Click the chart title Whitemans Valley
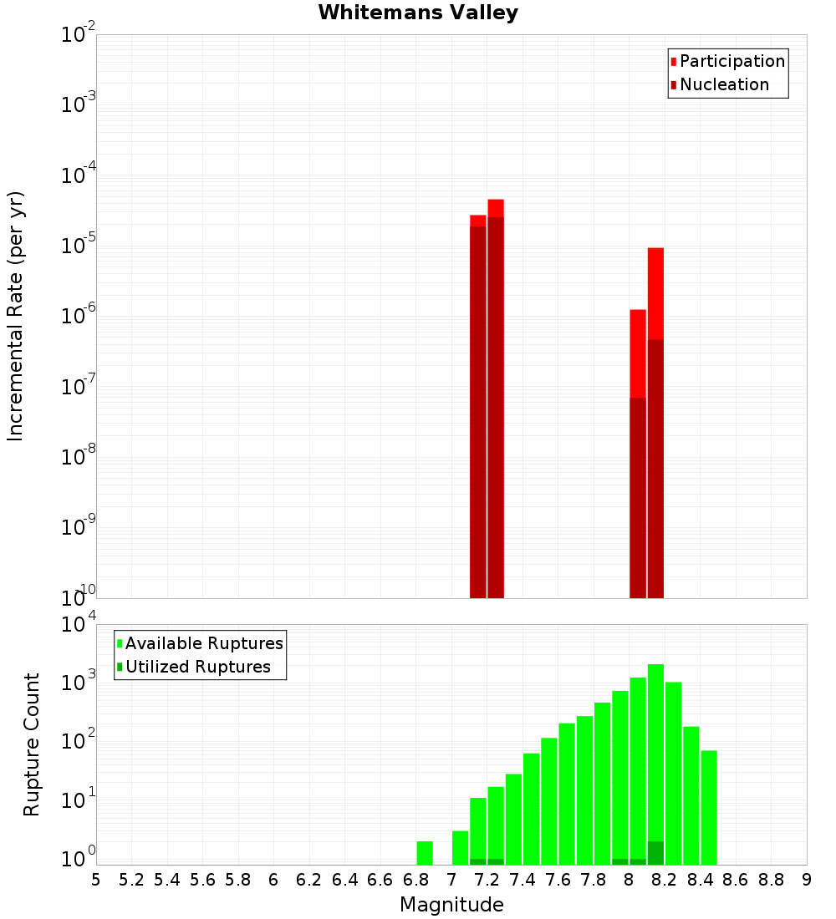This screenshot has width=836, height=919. click(418, 13)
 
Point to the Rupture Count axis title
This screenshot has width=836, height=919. click(32, 744)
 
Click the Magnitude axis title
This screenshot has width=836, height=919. click(451, 905)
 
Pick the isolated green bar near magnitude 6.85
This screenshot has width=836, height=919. click(425, 852)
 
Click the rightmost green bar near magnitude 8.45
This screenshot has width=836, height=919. click(709, 807)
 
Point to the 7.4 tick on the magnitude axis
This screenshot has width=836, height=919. click(522, 880)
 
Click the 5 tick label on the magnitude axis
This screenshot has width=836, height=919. click(96, 880)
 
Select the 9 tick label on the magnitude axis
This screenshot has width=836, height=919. click(807, 880)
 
